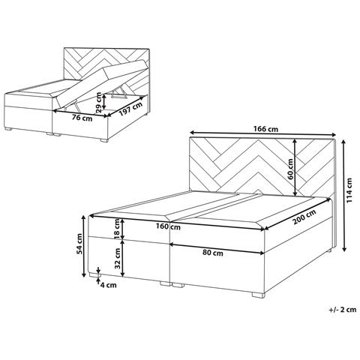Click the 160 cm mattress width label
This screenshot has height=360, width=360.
tap(169, 226)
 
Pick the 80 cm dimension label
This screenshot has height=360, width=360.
tap(212, 253)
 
